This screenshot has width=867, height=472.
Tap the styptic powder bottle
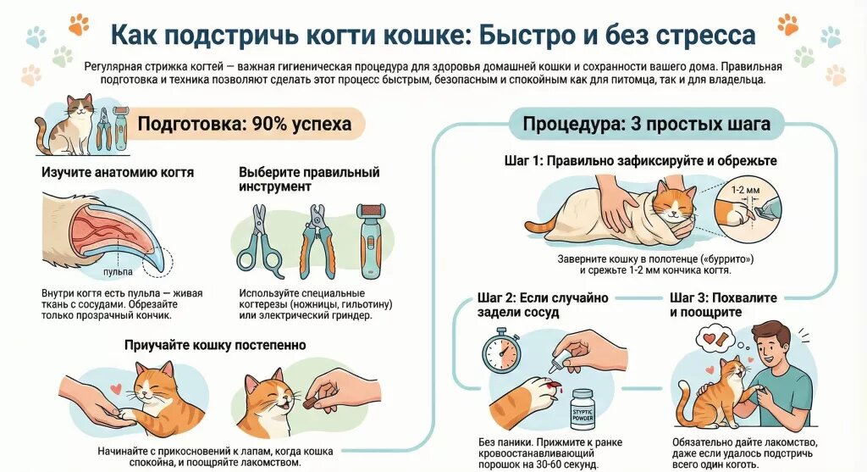tap(583, 409)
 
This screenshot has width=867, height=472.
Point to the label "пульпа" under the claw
tap(118, 272)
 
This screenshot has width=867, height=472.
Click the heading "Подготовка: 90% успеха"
tap(244, 125)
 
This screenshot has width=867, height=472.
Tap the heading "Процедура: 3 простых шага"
tap(647, 125)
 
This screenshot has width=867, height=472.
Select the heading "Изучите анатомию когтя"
tap(118, 172)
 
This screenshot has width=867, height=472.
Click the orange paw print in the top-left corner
tap(78, 25)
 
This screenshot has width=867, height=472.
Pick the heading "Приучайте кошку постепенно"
tap(215, 345)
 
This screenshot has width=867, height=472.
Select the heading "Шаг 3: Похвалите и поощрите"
tap(723, 305)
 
